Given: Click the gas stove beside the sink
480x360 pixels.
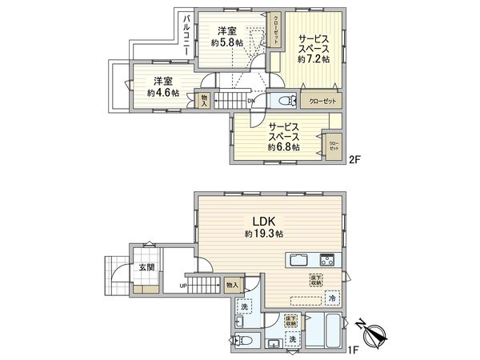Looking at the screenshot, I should [328, 259].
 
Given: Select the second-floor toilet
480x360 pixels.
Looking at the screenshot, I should [282, 102].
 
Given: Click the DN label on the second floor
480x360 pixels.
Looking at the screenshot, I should [251, 102].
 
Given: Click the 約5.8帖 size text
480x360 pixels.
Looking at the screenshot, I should [227, 42].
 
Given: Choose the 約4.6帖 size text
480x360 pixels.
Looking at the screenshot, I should [163, 93].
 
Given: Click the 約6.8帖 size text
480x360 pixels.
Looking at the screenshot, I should [284, 147].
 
